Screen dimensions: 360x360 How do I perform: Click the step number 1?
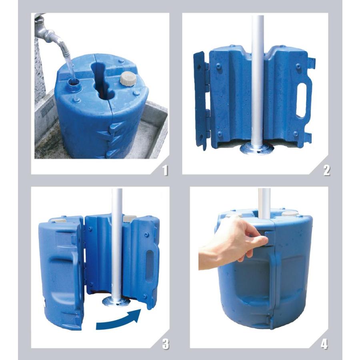(x=165, y=170)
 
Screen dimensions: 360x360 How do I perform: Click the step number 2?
(x=326, y=170)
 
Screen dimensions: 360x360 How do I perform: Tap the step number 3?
(x=165, y=344)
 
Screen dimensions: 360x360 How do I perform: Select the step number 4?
(x=324, y=344)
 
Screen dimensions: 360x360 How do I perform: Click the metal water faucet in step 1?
(x=49, y=34)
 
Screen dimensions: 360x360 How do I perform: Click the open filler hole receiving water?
(x=74, y=82)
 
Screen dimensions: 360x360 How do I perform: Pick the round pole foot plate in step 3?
(x=116, y=301)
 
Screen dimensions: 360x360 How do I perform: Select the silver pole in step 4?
(x=264, y=204)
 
